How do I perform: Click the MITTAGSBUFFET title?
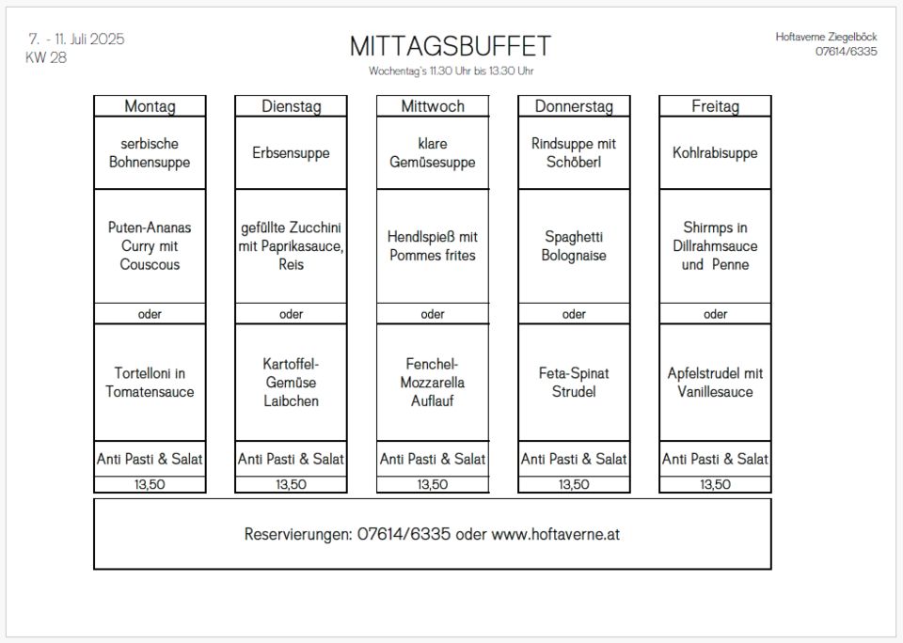(451, 46)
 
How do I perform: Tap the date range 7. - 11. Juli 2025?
(76, 39)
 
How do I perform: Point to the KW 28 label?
(46, 57)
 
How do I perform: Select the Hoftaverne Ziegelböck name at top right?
(826, 37)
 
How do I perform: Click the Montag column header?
(150, 106)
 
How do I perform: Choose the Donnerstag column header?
(574, 106)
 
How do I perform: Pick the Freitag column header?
(715, 106)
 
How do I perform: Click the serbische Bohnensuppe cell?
(150, 152)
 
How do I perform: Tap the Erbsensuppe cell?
(291, 153)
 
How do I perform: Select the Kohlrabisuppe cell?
(715, 153)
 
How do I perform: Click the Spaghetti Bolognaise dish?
(574, 245)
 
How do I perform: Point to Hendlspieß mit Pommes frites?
(433, 245)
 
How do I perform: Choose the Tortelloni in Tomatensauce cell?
(150, 383)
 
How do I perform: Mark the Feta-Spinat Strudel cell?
(574, 383)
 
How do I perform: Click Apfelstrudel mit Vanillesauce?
(715, 383)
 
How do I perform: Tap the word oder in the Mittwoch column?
(433, 314)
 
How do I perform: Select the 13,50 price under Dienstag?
(291, 485)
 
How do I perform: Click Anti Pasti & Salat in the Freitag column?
(715, 459)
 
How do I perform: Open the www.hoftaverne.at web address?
(556, 534)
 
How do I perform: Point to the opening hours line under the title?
(451, 71)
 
